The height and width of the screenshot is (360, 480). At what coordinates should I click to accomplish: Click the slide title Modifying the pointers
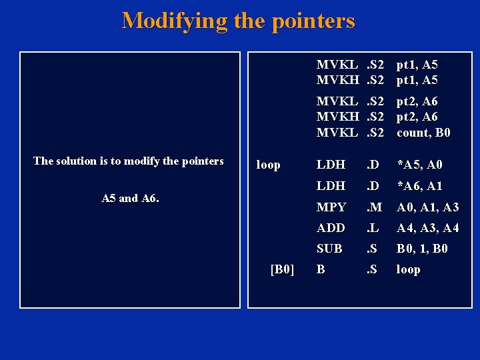pyautogui.click(x=238, y=21)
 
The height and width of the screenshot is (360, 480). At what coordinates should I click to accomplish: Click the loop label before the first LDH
pyautogui.click(x=269, y=165)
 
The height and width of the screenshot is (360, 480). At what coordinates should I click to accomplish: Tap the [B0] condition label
pyautogui.click(x=283, y=269)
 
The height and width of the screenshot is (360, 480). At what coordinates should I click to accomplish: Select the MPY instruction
pyautogui.click(x=331, y=207)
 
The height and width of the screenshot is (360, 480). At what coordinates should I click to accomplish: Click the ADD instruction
pyautogui.click(x=331, y=228)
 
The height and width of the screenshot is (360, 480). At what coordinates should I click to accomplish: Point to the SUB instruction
pyautogui.click(x=329, y=249)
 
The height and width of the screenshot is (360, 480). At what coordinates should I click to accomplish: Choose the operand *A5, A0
pyautogui.click(x=419, y=165)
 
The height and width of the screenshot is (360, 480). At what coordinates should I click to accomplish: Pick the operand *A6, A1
pyautogui.click(x=419, y=186)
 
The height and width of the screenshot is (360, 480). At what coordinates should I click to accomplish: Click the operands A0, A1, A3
pyautogui.click(x=427, y=207)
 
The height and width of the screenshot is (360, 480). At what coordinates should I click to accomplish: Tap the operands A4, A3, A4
pyautogui.click(x=427, y=228)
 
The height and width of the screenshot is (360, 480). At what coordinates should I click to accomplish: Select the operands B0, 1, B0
pyautogui.click(x=422, y=249)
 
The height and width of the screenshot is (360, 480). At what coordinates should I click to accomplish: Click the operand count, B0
pyautogui.click(x=423, y=133)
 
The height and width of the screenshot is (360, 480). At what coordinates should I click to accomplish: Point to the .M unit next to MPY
pyautogui.click(x=373, y=207)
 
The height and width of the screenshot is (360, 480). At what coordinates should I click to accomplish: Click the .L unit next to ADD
pyautogui.click(x=373, y=228)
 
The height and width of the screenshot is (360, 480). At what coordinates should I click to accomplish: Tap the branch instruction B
pyautogui.click(x=321, y=269)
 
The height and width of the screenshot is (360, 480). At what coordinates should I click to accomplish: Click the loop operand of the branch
pyautogui.click(x=408, y=269)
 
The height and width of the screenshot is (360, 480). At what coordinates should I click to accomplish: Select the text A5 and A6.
pyautogui.click(x=130, y=198)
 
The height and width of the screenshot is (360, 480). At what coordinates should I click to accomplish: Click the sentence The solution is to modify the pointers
pyautogui.click(x=129, y=161)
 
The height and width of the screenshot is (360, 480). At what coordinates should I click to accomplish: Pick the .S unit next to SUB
pyautogui.click(x=372, y=249)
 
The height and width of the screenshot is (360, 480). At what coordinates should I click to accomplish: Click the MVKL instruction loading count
pyautogui.click(x=337, y=133)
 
